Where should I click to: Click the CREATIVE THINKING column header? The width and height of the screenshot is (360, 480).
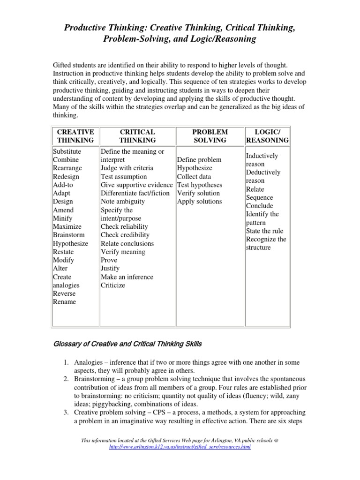tap(75, 136)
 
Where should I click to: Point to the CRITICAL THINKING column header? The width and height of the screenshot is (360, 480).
tap(137, 136)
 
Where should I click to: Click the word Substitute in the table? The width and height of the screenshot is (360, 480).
tap(67, 151)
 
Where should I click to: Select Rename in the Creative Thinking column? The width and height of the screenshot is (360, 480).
tap(64, 302)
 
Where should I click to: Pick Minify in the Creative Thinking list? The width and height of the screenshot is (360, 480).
tap(63, 218)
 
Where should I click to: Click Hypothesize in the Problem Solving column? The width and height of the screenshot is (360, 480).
tap(195, 168)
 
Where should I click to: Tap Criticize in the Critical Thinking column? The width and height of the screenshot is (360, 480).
tap(113, 285)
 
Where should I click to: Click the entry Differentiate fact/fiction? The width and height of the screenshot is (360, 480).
tap(135, 193)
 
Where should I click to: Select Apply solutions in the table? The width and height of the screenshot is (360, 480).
tap(199, 202)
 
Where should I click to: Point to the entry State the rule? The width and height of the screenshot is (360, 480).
tap(264, 231)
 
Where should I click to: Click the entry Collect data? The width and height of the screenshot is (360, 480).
tap(194, 177)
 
